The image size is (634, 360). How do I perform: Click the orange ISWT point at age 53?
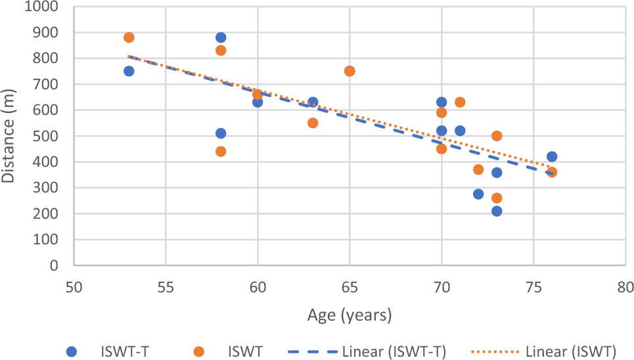[129, 37]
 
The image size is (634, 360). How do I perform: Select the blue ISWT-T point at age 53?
[129, 71]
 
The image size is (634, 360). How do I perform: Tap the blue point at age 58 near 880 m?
[221, 37]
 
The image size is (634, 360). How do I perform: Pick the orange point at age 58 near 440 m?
[221, 151]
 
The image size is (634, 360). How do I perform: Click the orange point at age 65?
[350, 71]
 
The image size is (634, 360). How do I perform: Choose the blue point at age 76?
[552, 156]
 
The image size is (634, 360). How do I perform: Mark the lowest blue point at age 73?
[497, 211]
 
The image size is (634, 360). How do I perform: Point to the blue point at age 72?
[478, 194]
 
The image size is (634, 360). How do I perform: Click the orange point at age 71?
[460, 102]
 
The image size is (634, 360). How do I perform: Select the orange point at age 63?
[313, 123]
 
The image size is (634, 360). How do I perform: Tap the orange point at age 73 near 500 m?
[497, 136]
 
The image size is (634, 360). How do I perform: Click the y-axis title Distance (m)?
[9, 137]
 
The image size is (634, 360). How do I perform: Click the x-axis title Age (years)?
[350, 315]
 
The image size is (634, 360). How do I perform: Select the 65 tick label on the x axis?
[350, 287]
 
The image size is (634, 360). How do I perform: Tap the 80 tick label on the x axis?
[625, 287]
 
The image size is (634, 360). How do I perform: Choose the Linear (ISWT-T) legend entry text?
[395, 351]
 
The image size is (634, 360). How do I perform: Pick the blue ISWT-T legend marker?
[72, 351]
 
